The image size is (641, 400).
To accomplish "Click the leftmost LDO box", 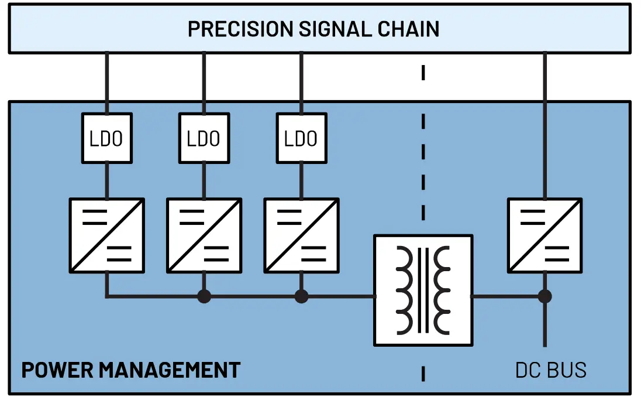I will [106, 138].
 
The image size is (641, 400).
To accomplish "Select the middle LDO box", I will [204, 138].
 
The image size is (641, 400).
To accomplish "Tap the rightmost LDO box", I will [301, 138].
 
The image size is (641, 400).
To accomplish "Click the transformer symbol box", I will [423, 290].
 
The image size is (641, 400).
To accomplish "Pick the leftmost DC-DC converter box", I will [106, 235].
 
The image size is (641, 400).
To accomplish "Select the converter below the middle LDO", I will [204, 235].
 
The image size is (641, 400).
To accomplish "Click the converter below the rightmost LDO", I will [301, 235].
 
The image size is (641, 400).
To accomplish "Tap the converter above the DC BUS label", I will [544, 235].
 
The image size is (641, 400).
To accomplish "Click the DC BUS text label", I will [550, 370].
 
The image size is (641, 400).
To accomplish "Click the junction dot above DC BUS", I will [544, 296].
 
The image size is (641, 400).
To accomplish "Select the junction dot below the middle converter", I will [204, 296].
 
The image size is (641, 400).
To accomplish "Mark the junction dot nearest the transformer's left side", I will [301, 296].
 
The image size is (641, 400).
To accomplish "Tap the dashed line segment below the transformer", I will [423, 373].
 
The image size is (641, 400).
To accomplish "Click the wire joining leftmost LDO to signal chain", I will [106, 82].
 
